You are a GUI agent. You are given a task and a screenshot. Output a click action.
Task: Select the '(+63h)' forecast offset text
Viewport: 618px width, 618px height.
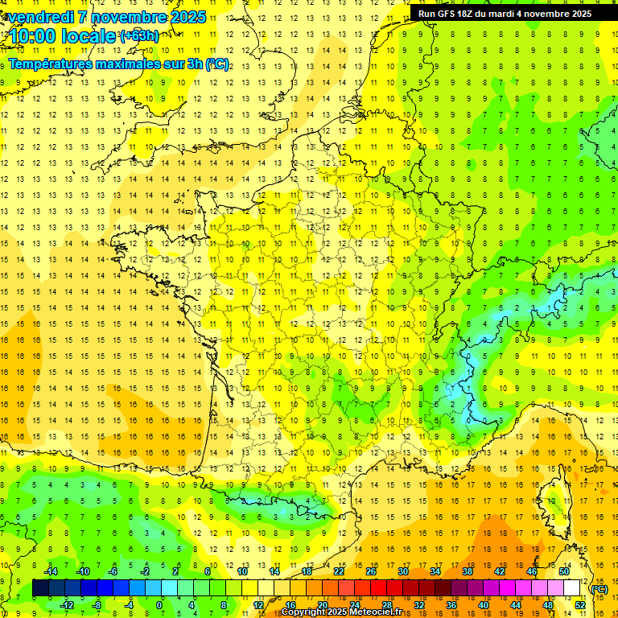click(138, 35)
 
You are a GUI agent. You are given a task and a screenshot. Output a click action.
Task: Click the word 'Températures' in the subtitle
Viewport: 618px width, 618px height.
click(51, 64)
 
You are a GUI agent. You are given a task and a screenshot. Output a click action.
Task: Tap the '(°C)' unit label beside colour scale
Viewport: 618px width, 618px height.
click(600, 589)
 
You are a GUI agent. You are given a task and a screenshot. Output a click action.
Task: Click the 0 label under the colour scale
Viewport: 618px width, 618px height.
click(159, 605)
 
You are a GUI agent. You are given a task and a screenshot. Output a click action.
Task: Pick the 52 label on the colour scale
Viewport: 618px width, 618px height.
click(579, 605)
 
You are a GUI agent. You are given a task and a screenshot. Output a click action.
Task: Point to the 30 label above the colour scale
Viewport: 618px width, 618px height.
click(402, 571)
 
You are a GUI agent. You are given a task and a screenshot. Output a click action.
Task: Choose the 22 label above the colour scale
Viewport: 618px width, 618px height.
click(338, 571)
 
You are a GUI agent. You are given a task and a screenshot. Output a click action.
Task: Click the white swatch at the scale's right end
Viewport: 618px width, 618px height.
click(571, 588)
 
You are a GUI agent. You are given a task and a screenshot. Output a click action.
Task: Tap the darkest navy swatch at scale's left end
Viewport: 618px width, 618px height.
click(40, 588)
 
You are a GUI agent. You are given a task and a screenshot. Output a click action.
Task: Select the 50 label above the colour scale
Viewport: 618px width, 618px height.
click(563, 571)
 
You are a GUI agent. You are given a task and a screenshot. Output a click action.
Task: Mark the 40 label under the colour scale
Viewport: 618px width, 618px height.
click(483, 605)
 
